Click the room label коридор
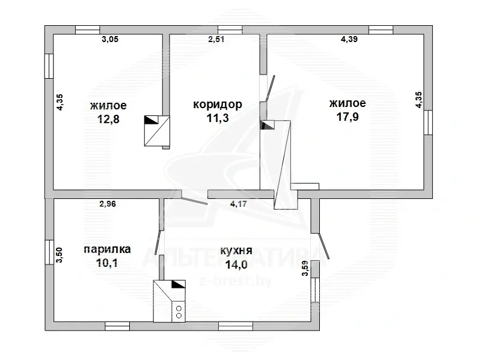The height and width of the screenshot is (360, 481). [218, 105]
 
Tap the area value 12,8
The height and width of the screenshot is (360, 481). [108, 119]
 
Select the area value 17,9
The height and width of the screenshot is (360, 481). [348, 117]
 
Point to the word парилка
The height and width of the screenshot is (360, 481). [108, 249]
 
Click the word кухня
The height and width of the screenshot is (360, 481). [236, 251]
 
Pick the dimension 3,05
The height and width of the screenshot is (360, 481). [110, 39]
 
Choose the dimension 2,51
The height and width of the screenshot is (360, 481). [216, 39]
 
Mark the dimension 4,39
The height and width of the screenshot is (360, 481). [349, 39]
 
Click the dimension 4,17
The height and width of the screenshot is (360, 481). [238, 204]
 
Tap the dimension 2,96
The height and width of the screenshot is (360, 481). [108, 204]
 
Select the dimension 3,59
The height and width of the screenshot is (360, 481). [305, 268]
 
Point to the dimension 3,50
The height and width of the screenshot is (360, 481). [59, 255]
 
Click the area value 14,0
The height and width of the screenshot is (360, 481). [236, 264]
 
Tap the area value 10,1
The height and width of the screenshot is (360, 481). [107, 263]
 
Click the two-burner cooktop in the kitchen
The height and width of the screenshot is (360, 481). [179, 312]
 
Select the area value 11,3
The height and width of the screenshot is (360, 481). [218, 118]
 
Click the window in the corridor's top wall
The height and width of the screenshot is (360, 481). [230, 29]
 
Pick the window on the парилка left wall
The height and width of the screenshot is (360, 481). [49, 252]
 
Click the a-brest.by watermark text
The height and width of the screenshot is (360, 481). [236, 281]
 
